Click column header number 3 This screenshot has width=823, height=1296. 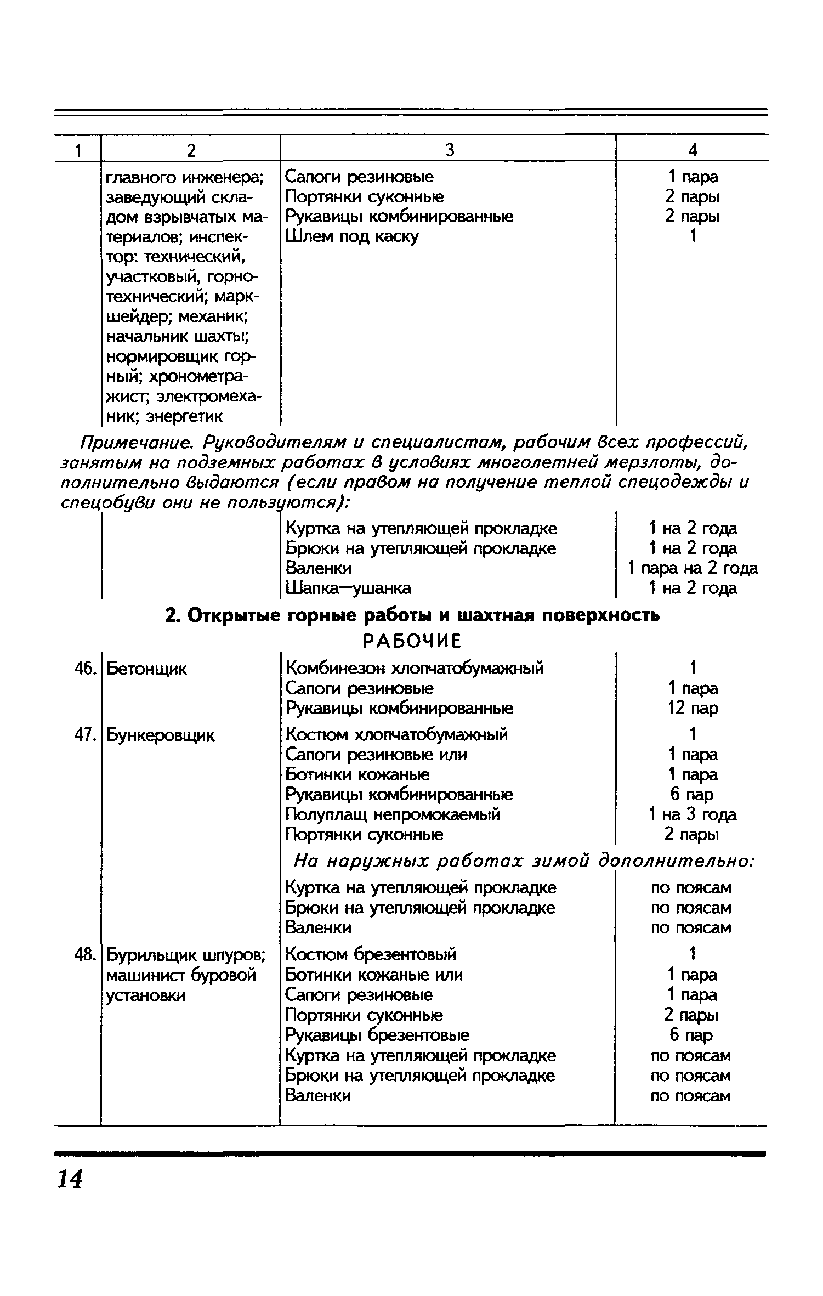[x=449, y=149]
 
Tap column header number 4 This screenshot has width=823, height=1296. [x=693, y=149]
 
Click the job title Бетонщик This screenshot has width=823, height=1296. [x=146, y=669]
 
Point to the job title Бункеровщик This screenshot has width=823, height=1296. [x=161, y=735]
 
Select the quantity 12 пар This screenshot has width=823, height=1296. [x=693, y=708]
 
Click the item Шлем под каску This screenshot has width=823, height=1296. [x=352, y=236]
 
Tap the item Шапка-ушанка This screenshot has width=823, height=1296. [x=348, y=588]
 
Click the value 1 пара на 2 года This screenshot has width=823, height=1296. [x=693, y=568]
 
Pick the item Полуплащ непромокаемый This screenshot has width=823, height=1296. [x=393, y=814]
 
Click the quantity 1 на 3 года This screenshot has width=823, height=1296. [x=693, y=814]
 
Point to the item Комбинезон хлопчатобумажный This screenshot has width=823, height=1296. [x=415, y=668]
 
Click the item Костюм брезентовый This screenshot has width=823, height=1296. [x=371, y=954]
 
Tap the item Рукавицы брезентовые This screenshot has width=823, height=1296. [x=377, y=1035]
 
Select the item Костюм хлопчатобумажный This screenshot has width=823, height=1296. [x=396, y=734]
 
